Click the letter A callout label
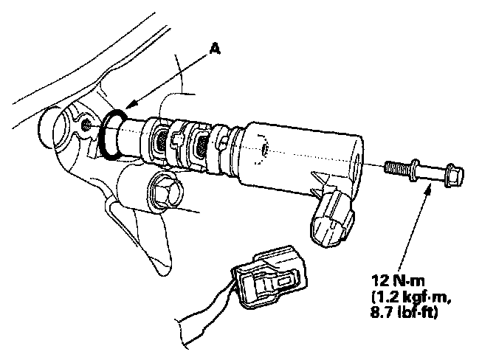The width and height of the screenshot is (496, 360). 214,48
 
